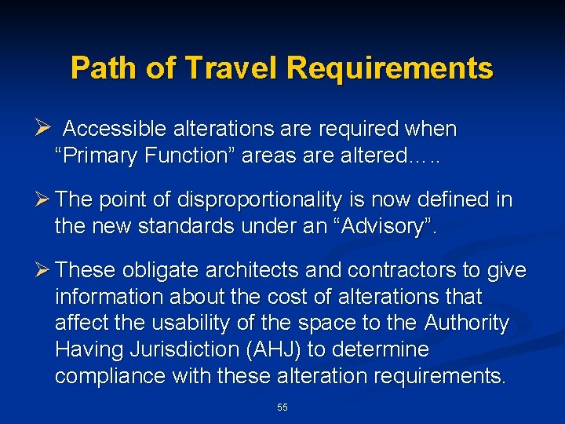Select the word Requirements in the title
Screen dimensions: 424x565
click(390, 68)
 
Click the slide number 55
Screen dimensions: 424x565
click(282, 408)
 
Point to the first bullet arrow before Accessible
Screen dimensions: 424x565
click(45, 126)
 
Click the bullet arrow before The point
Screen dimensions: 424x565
click(45, 199)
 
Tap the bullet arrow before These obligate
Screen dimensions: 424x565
click(45, 270)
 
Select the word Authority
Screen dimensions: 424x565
click(467, 323)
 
